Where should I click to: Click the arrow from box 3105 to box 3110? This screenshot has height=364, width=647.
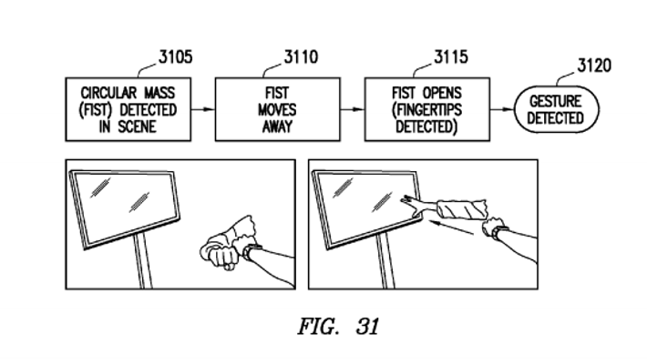204,109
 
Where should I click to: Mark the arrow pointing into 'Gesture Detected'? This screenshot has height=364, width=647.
500,109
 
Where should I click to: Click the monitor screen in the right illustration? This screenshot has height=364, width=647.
360,205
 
